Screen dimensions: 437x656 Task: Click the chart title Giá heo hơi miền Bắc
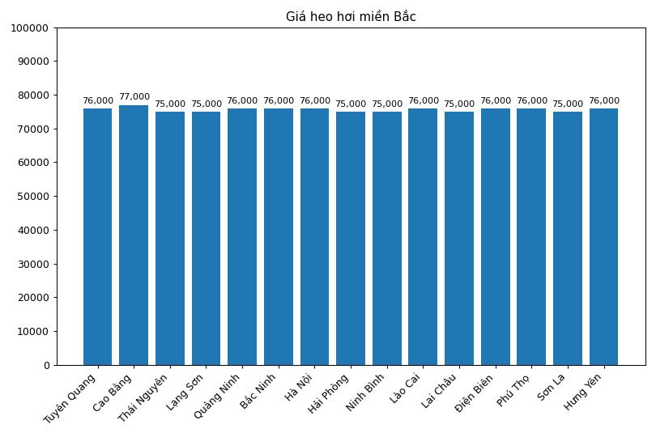351,17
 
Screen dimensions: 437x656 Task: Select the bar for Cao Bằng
134,235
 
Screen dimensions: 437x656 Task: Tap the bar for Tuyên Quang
97,236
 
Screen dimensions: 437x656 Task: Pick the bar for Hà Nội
314,236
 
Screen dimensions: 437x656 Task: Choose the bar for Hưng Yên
603,236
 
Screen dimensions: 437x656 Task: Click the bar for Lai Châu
459,238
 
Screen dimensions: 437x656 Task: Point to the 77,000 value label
134,97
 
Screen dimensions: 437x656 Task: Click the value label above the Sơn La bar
568,104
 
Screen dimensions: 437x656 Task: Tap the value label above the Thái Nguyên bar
170,104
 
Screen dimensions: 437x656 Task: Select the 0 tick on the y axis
46,366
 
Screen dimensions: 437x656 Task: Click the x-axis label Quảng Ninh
217,395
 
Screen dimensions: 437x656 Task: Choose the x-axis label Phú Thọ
513,389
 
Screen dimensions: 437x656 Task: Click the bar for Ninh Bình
387,238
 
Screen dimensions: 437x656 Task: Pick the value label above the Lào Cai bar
423,101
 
